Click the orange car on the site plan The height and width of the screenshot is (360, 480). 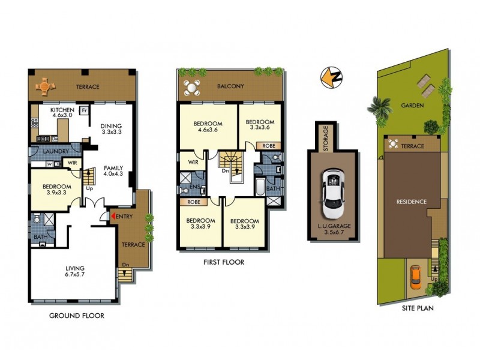[x=416, y=276]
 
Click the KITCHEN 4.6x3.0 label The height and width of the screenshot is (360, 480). [x=62, y=113]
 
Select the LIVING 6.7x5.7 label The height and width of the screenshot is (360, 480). [x=75, y=271]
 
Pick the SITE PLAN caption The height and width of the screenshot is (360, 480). [x=418, y=308]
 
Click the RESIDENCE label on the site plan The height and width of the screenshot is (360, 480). [x=411, y=202]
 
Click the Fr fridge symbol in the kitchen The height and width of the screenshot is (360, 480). [x=85, y=111]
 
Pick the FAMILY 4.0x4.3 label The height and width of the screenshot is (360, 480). [x=113, y=172]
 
